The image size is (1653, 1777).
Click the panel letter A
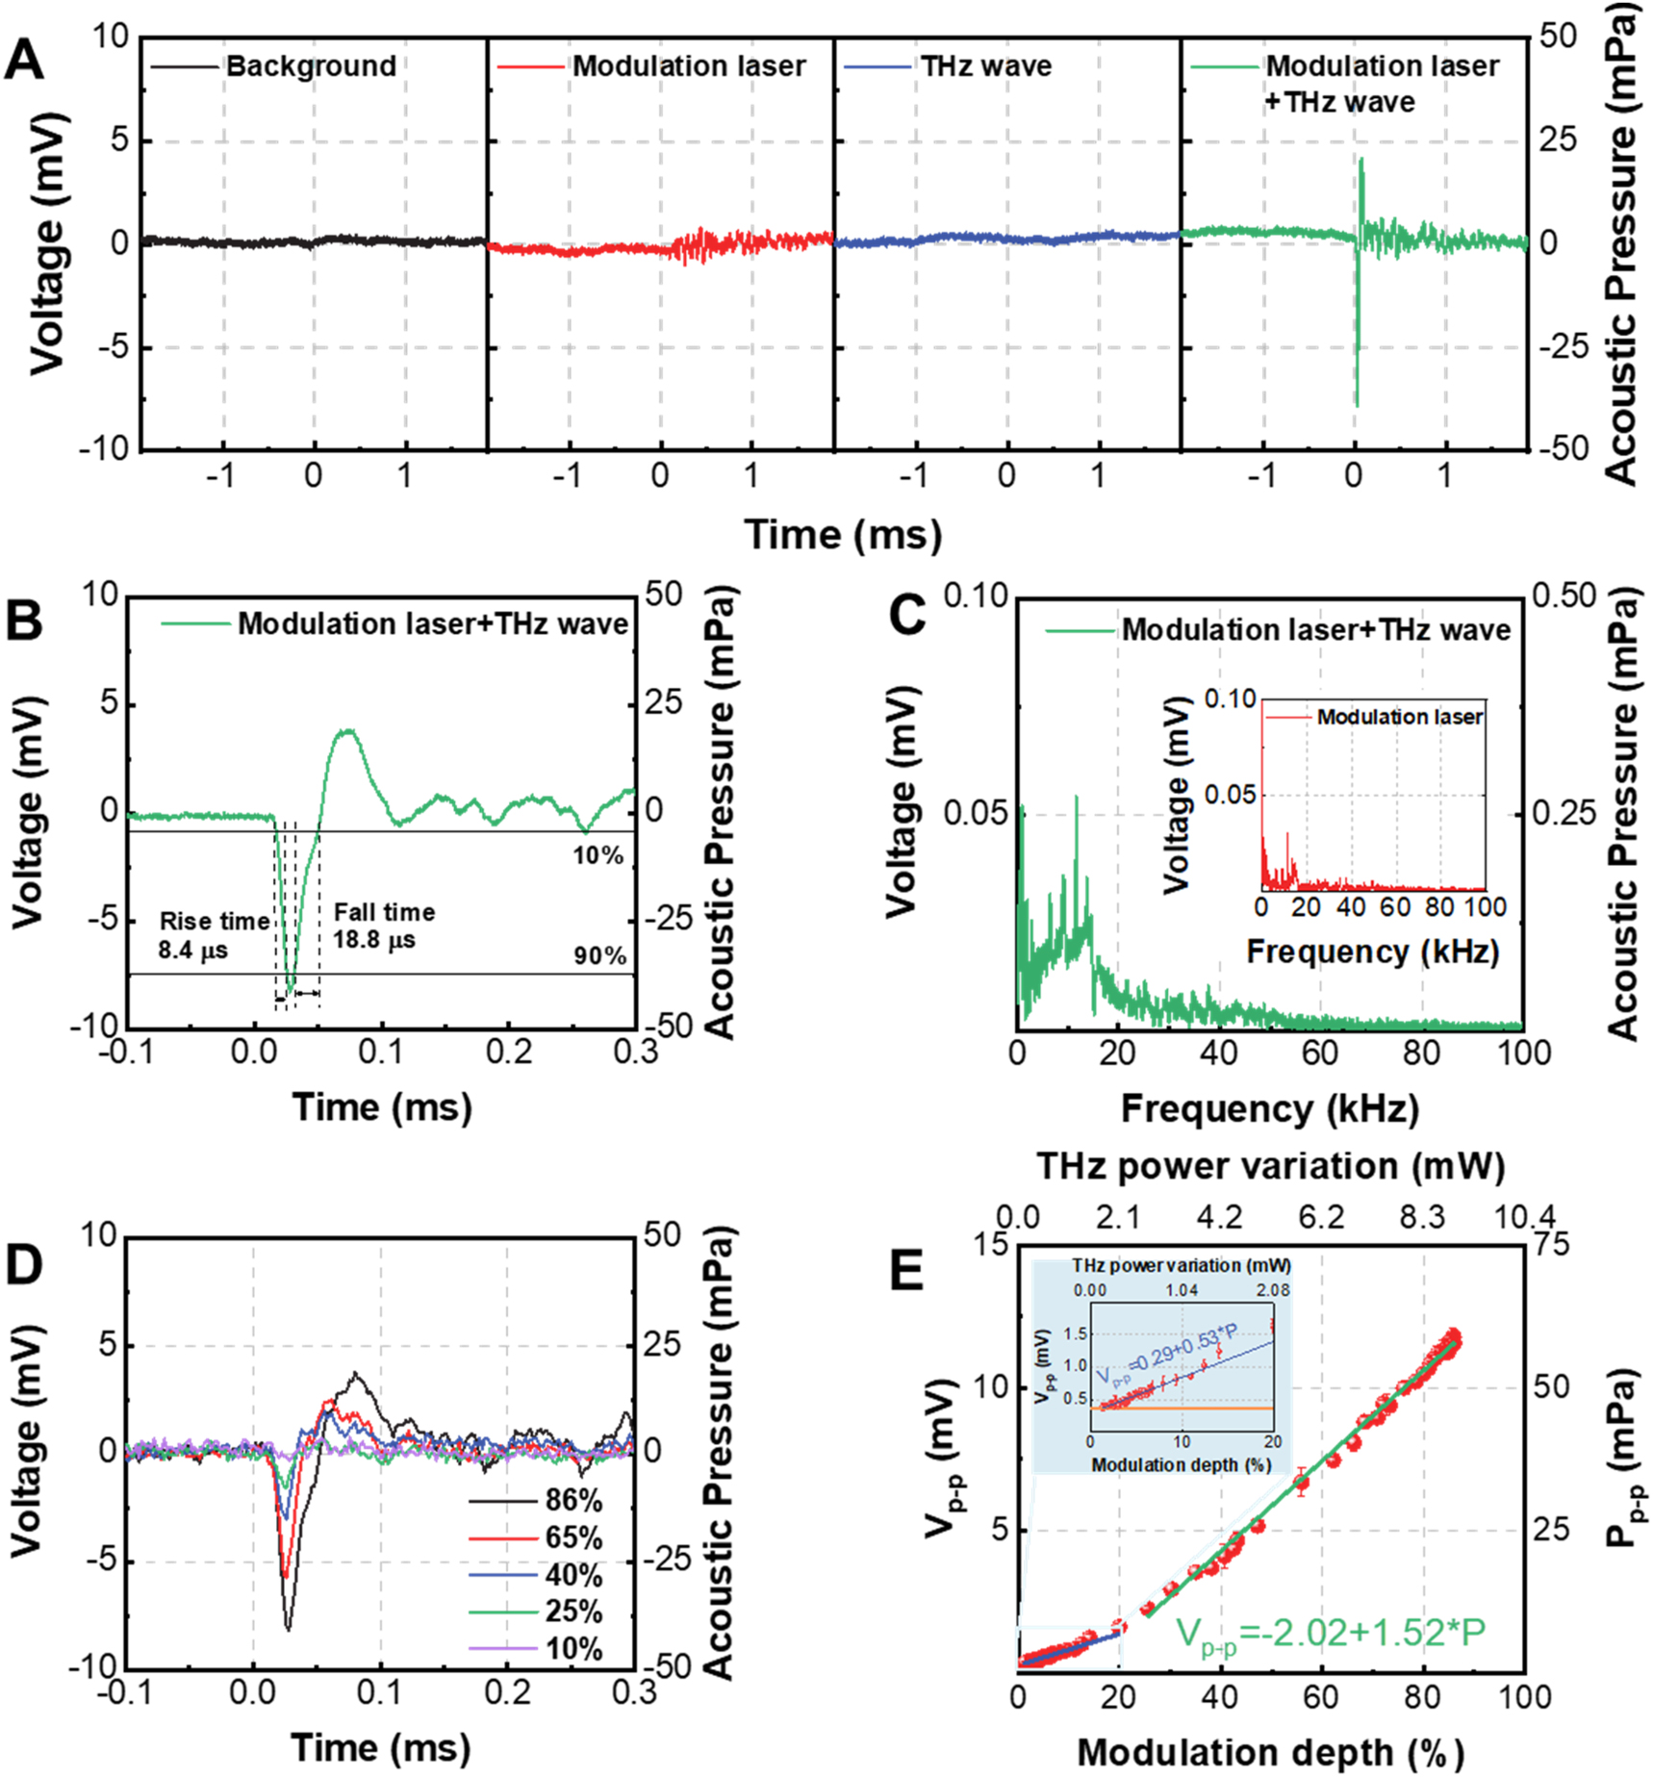pos(24,61)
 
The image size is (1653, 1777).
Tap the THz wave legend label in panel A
pos(985,66)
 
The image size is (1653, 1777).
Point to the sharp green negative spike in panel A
pos(1357,366)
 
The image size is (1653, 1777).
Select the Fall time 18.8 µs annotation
pos(384,926)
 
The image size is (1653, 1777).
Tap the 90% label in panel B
pos(599,955)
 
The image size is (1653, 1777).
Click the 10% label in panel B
pos(598,855)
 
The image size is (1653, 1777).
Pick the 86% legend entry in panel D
pos(573,1500)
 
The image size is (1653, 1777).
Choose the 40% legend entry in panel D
pos(573,1575)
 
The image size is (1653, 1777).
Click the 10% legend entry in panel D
pos(573,1649)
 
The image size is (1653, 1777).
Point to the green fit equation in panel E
pos(1331,1635)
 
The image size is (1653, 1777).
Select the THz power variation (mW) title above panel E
pos(1270,1166)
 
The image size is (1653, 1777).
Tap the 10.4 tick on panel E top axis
pos(1524,1218)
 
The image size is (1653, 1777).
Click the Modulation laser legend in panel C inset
pos(1399,717)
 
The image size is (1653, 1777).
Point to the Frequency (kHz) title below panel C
pos(1270,1108)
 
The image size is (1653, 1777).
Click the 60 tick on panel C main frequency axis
pos(1319,1053)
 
